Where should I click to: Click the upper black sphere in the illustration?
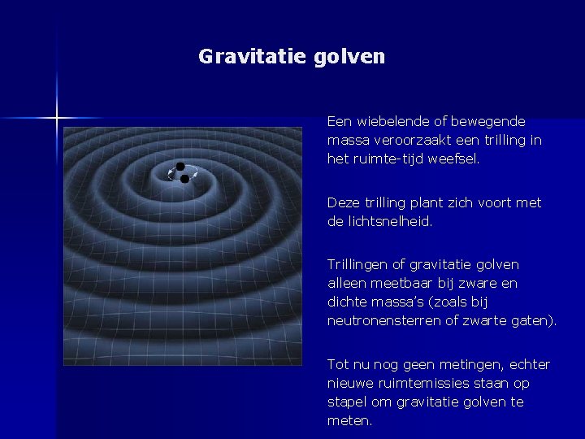[180, 167]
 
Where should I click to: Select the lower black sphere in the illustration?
[185, 178]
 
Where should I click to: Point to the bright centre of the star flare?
[57, 119]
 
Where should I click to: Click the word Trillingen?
[358, 264]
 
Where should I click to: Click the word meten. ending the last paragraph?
[349, 421]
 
